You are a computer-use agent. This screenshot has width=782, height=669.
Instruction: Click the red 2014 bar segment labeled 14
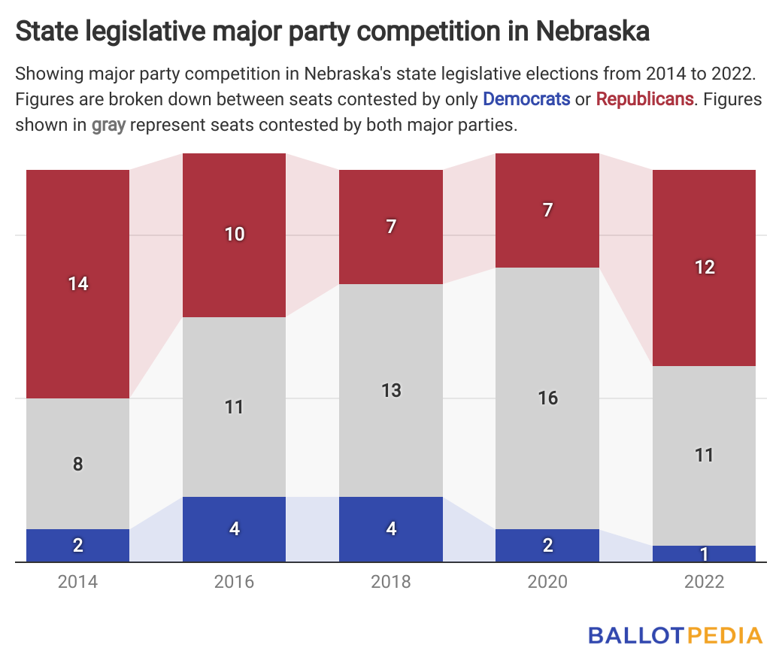pos(78,283)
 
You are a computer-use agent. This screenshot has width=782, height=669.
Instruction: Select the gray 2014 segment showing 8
pos(78,463)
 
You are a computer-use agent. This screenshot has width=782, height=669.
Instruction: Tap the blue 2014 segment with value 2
pos(78,545)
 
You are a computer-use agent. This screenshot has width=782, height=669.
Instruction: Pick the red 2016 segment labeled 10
pos(235,235)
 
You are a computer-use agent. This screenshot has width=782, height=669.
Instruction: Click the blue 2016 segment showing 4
pos(235,528)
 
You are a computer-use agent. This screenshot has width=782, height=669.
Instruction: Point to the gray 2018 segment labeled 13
pos(391,390)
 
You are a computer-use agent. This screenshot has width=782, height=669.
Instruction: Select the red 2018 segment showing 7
pos(391,226)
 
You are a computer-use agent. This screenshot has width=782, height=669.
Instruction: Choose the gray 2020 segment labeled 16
pos(547,398)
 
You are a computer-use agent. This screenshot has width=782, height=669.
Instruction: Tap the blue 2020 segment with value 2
pos(547,545)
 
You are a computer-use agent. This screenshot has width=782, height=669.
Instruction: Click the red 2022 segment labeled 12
pos(704,268)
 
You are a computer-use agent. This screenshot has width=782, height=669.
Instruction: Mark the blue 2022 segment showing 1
pos(704,554)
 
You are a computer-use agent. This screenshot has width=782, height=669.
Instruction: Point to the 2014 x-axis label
pos(78,582)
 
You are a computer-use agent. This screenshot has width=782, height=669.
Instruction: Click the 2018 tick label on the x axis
pos(391,582)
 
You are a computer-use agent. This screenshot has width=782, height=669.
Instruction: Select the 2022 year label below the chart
pos(704,582)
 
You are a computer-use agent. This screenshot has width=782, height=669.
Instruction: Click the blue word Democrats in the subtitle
pos(526,98)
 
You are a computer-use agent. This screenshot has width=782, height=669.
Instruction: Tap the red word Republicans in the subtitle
pos(644,98)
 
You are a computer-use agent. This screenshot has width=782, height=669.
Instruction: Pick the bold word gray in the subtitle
pos(109,125)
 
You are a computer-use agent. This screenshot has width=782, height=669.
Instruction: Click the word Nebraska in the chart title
pos(593,32)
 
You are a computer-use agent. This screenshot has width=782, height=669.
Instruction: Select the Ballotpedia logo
pos(674,635)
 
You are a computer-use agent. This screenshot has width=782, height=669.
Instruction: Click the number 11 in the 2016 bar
pos(235,407)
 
